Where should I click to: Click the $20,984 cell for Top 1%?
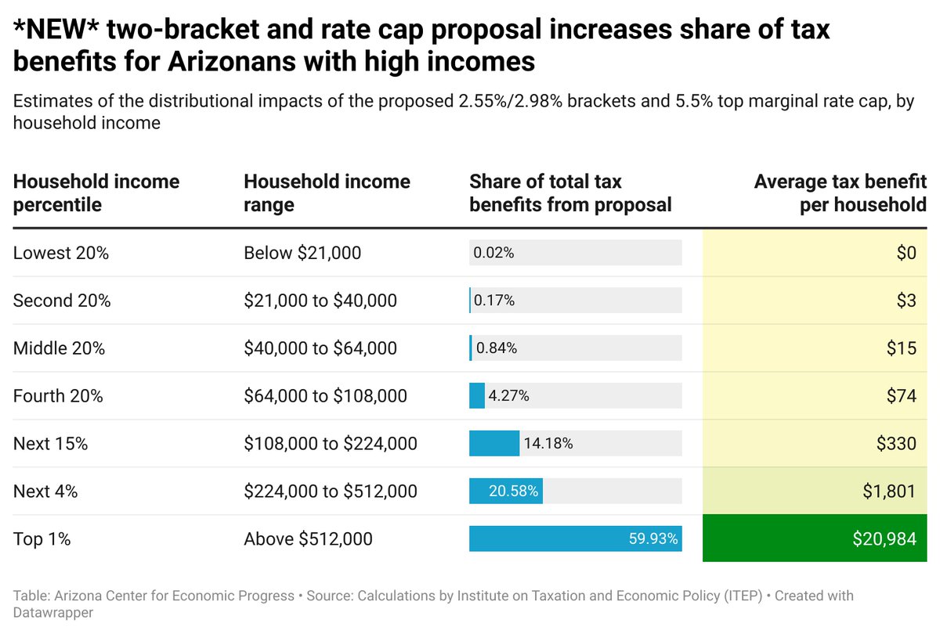click(815, 539)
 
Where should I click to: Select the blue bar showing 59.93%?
click(575, 539)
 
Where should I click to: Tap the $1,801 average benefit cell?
click(815, 492)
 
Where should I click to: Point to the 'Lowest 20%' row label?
click(60, 253)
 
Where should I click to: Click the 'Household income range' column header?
click(327, 193)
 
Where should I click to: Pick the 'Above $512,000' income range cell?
click(308, 539)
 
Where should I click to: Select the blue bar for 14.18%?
click(493, 443)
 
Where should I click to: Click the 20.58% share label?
click(513, 492)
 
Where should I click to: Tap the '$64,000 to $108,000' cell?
click(325, 396)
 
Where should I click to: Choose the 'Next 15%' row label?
click(50, 444)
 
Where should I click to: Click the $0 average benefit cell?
click(815, 253)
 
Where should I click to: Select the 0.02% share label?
click(493, 253)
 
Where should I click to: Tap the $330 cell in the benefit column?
click(815, 444)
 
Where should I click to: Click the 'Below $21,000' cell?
click(302, 253)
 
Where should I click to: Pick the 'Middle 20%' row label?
click(59, 348)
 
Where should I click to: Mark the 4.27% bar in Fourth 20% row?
click(477, 396)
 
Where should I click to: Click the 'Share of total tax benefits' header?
click(570, 193)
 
